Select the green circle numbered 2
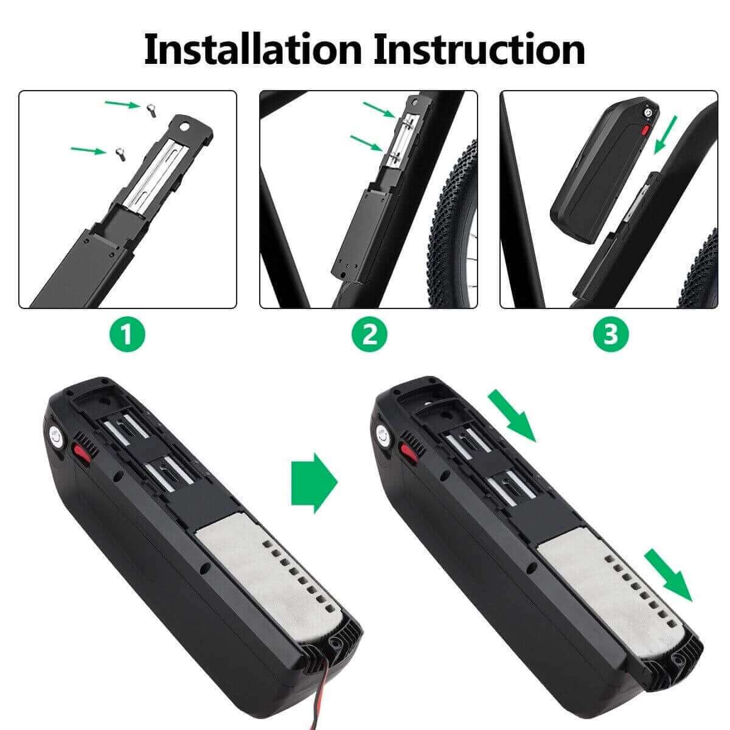coord(369,335)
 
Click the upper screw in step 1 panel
coord(150,109)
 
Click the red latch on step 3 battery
coord(645,130)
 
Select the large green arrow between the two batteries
coord(314,482)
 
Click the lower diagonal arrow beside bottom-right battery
coord(669,574)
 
